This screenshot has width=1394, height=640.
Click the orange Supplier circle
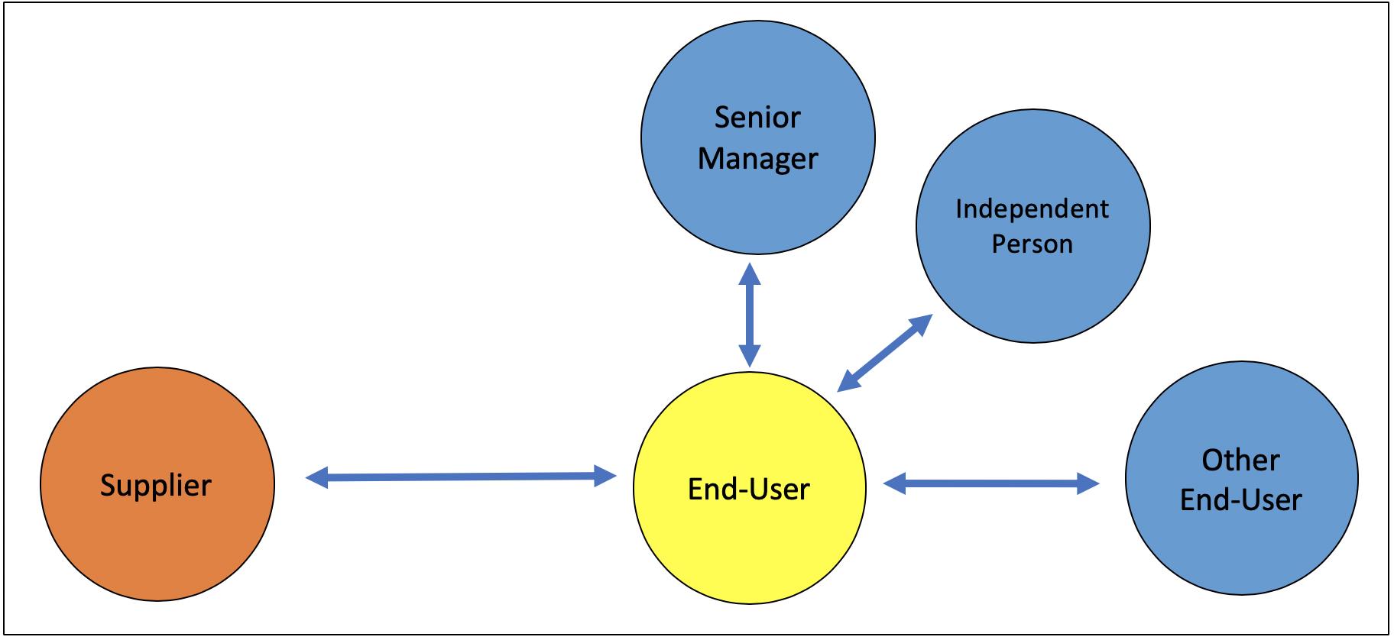pyautogui.click(x=157, y=483)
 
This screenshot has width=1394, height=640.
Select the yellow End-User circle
pyautogui.click(x=750, y=487)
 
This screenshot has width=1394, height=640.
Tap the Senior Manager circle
pyautogui.click(x=757, y=137)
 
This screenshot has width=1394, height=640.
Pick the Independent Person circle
pyautogui.click(x=1033, y=226)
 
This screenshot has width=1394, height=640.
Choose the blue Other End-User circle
pyautogui.click(x=1241, y=478)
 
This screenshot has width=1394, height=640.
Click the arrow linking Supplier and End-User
pyautogui.click(x=461, y=477)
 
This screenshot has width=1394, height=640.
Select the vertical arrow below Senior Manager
pyautogui.click(x=750, y=315)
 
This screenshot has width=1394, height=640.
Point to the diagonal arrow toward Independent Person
pyautogui.click(x=885, y=353)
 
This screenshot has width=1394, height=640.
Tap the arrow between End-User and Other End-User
pyautogui.click(x=991, y=483)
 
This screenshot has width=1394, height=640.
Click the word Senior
pyautogui.click(x=757, y=118)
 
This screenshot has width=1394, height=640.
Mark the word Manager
pyautogui.click(x=757, y=159)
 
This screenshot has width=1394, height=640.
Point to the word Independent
pyautogui.click(x=1032, y=209)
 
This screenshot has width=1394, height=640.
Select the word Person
pyautogui.click(x=1032, y=244)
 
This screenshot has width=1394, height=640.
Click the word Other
pyautogui.click(x=1240, y=460)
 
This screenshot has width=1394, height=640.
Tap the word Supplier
pyautogui.click(x=156, y=486)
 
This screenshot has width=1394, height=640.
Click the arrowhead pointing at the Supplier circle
pyautogui.click(x=316, y=478)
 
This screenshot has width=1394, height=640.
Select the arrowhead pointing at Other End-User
pyautogui.click(x=1088, y=483)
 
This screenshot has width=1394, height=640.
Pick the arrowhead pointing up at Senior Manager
pyautogui.click(x=750, y=274)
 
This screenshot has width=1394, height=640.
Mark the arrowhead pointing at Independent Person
pyautogui.click(x=922, y=324)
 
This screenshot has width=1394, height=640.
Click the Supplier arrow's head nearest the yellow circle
pyautogui.click(x=605, y=477)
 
